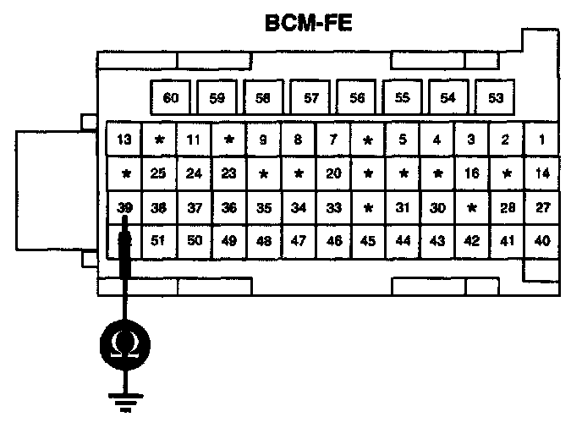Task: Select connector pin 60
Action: tap(171, 98)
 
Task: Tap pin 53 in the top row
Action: tap(496, 98)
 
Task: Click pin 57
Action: tap(310, 98)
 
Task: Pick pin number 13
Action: tap(124, 140)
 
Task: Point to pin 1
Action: tap(541, 140)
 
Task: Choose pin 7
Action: tap(333, 140)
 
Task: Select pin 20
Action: tap(333, 174)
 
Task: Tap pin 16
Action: tap(472, 174)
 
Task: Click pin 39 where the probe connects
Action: tap(125, 208)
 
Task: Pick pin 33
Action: tap(333, 208)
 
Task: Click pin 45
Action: tap(368, 241)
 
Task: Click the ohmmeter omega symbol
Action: tap(125, 344)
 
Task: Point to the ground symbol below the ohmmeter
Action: tap(125, 403)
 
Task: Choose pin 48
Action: tap(264, 241)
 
